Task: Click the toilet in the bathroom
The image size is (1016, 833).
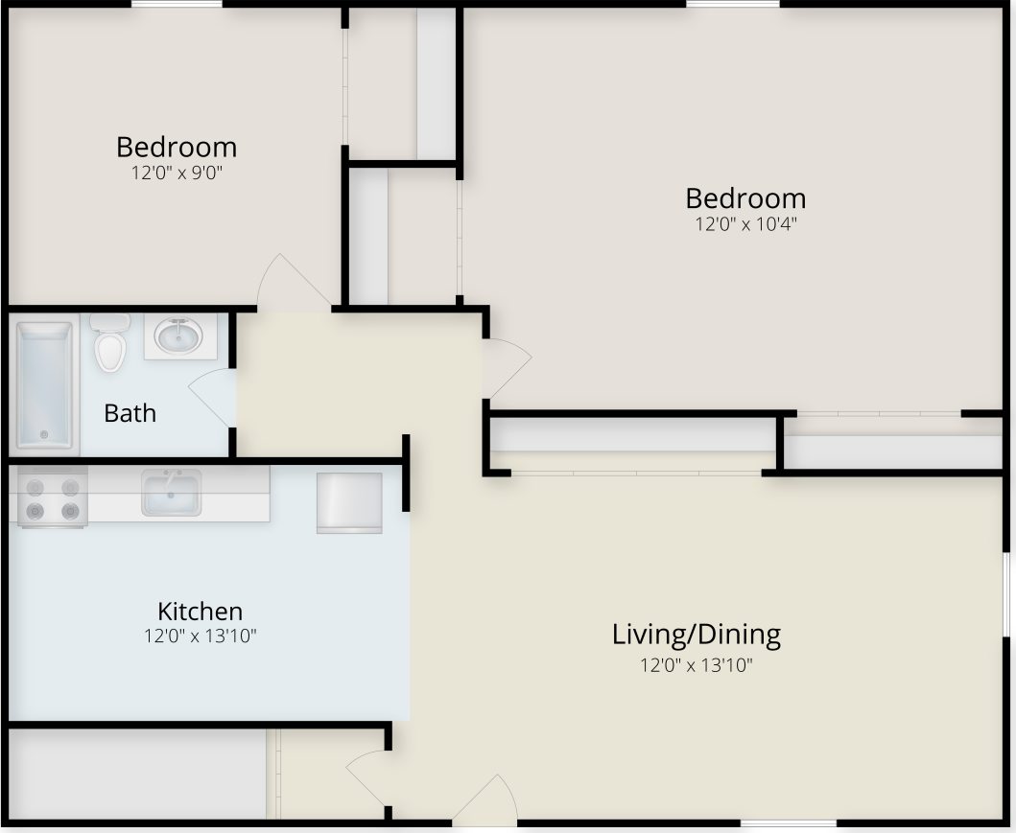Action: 110,345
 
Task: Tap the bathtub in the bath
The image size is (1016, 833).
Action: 44,384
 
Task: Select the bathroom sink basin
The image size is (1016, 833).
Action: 178,336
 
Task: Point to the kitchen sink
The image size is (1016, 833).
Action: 171,493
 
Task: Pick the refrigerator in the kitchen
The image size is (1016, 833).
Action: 349,501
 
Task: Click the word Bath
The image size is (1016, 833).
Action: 130,413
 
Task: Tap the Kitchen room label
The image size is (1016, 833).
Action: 200,611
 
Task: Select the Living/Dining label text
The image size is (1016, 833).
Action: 696,634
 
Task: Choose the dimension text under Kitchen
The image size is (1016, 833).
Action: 200,636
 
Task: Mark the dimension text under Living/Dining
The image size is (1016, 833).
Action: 696,664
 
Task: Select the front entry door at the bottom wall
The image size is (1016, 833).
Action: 487,803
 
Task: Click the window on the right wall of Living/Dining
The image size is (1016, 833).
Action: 1006,594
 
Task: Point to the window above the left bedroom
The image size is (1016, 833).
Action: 177,5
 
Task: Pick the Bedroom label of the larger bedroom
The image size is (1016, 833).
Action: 745,198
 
